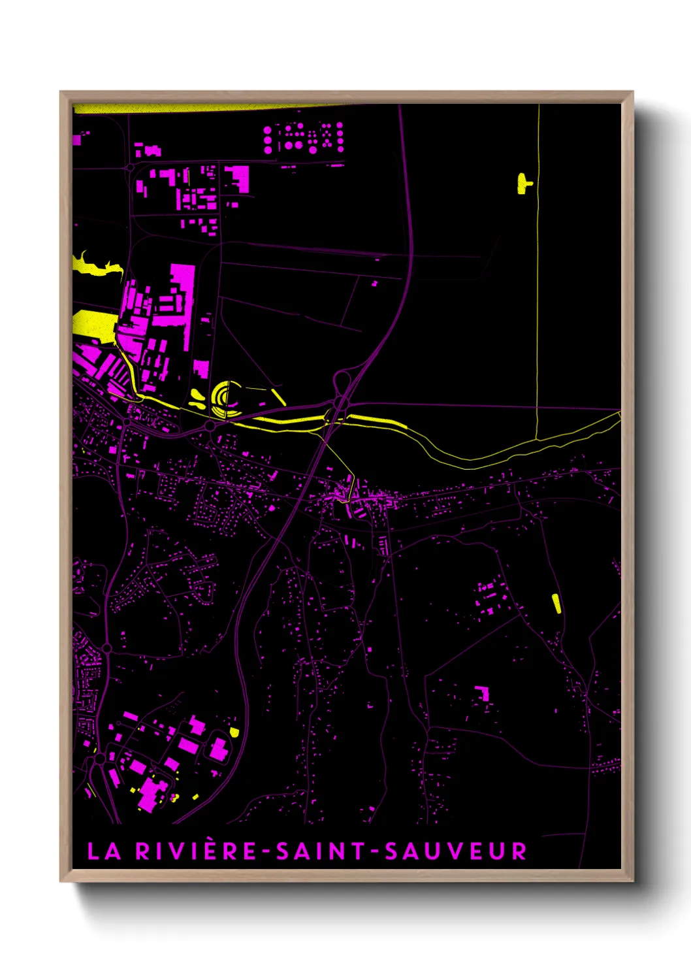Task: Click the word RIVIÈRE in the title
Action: pos(197,851)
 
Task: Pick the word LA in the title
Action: pos(104,851)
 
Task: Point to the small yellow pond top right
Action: pos(523,184)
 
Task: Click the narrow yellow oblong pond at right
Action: pos(556,603)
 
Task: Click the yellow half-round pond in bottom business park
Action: pos(234,732)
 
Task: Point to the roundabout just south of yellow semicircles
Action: pos(210,425)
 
